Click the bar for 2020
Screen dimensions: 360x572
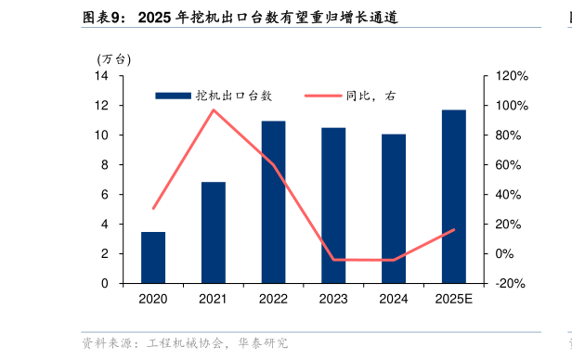click(153, 257)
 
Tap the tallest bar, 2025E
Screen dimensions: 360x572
click(454, 196)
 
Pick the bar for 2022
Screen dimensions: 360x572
click(273, 201)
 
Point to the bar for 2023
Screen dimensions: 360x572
click(333, 205)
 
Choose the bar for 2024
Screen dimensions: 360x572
click(394, 208)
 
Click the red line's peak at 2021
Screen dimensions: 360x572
click(214, 110)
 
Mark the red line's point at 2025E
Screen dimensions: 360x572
click(454, 229)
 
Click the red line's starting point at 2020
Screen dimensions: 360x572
click(153, 208)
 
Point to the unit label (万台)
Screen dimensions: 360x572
click(114, 58)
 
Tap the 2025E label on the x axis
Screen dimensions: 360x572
click(454, 299)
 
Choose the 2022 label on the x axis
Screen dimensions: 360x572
click(273, 299)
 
